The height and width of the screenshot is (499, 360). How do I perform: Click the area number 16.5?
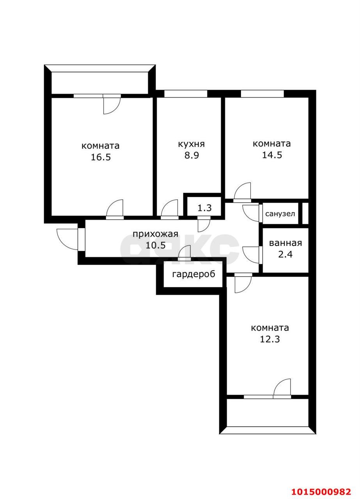pos(101,157)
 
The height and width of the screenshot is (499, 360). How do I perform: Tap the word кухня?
pos(192,144)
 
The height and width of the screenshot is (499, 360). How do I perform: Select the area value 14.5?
pos(272,155)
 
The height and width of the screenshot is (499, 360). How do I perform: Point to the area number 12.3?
pos(270,339)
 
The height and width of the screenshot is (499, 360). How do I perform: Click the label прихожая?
pos(155,234)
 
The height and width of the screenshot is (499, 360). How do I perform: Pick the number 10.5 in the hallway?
pos(156,246)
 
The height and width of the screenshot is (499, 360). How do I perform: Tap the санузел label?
pos(280,214)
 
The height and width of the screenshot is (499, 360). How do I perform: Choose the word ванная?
pos(286,243)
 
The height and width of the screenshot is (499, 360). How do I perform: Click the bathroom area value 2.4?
pos(286,254)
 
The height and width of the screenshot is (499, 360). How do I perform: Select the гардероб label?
pos(194,274)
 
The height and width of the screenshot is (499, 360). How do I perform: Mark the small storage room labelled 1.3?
pos(205,208)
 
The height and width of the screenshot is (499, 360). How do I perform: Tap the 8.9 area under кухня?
pos(192,155)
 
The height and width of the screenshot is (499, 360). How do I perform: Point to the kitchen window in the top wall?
pos(186,94)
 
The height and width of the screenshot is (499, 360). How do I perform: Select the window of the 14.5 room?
pos(262,94)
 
